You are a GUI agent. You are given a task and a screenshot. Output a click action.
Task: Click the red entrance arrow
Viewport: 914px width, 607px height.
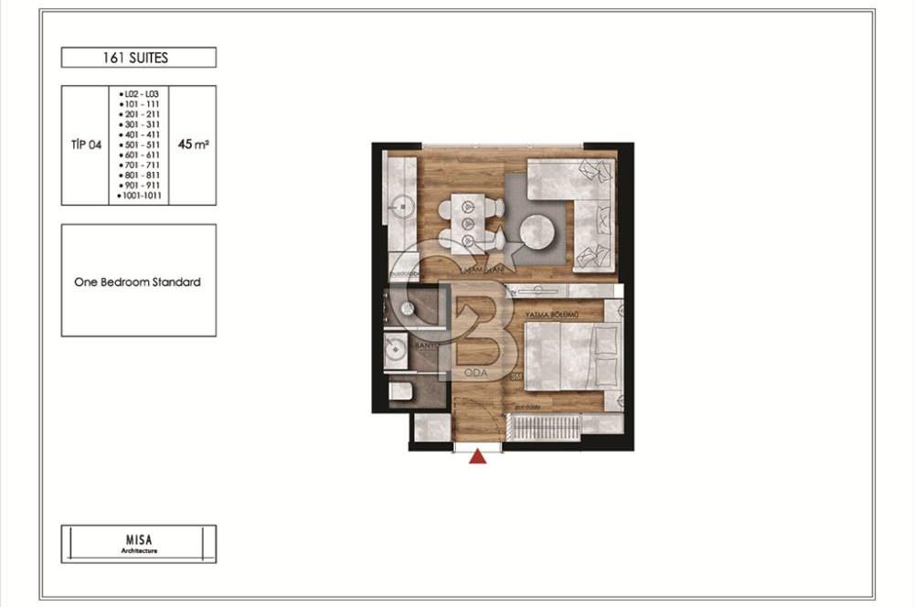pos(477,456)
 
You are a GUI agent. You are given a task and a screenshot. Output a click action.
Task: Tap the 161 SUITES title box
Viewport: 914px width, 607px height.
pos(139,58)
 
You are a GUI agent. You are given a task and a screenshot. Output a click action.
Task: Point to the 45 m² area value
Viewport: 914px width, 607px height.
pos(193,144)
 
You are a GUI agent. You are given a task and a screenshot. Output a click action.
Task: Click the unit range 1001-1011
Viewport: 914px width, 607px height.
pos(142,195)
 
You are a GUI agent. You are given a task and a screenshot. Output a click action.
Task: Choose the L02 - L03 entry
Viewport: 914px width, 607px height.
pos(141,94)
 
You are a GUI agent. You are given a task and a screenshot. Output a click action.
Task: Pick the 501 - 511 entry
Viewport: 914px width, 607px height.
pos(141,144)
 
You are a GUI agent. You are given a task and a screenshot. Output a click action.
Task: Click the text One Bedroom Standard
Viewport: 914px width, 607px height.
pos(137,282)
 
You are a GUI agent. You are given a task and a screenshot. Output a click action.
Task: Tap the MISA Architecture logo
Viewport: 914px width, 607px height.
pos(139,544)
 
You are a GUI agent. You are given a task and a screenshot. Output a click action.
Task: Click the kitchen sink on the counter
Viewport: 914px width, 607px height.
pos(399,205)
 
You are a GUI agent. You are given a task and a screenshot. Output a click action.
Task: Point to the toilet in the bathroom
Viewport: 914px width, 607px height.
pos(400,392)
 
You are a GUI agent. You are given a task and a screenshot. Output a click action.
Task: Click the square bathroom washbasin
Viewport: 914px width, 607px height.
pos(397,352)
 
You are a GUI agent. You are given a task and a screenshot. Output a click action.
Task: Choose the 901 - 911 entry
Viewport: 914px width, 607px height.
pos(141,185)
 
